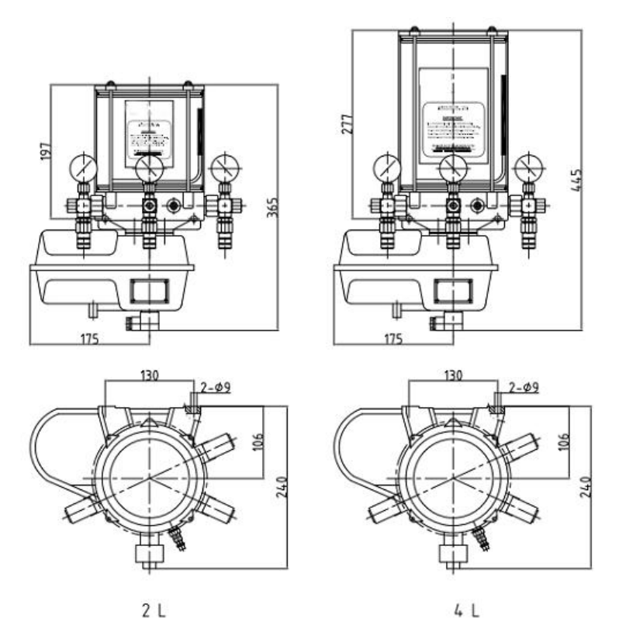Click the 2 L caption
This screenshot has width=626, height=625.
point(159,603)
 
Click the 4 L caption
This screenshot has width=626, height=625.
point(464,603)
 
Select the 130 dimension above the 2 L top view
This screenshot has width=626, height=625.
point(150,375)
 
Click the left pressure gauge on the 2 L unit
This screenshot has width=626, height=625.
point(81,168)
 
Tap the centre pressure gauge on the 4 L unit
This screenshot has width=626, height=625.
point(452,167)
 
